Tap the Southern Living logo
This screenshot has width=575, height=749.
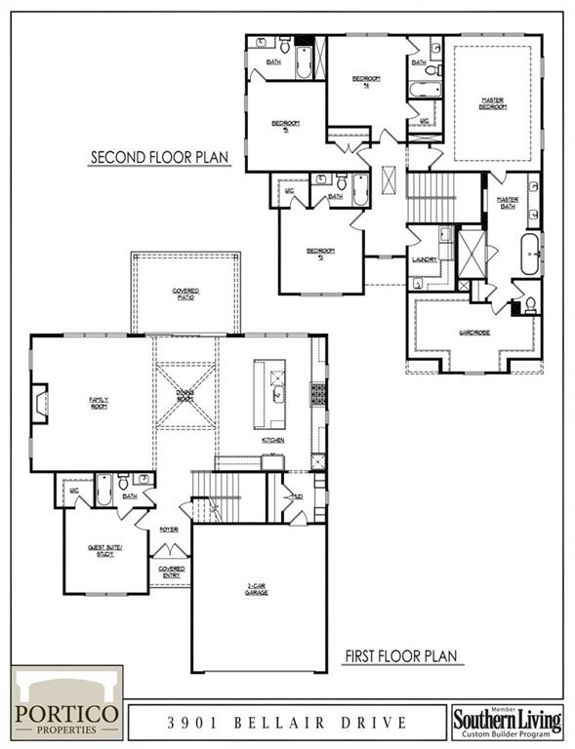click(508, 723)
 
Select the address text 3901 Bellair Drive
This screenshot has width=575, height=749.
click(286, 723)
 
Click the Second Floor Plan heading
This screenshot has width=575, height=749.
click(160, 157)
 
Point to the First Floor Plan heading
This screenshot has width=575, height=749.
click(402, 656)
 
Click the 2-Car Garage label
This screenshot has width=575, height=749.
click(257, 589)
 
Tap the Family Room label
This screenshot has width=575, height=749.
click(99, 401)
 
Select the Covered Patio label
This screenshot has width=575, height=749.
click(185, 294)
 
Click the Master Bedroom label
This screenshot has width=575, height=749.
click(493, 102)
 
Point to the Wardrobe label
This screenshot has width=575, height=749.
click(473, 333)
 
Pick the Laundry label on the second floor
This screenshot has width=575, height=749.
click(424, 259)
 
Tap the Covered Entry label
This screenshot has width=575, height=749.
click(171, 572)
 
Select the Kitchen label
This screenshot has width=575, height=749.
click(272, 441)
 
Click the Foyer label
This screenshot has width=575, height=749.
click(170, 529)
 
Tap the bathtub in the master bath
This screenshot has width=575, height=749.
click(530, 253)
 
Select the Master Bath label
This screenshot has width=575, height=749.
click(507, 201)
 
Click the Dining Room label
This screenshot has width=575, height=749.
click(185, 394)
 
